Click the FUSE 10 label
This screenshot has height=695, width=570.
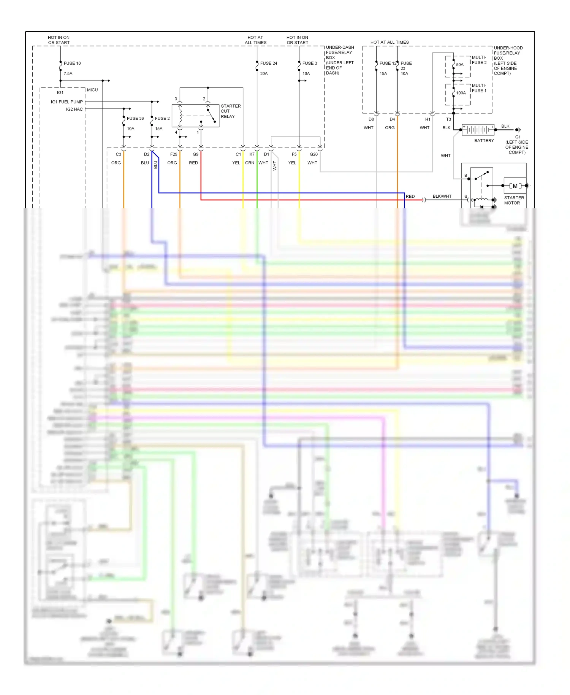pos(72,63)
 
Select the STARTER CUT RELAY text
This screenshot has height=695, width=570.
pos(230,111)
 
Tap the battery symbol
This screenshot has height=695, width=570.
pos(478,130)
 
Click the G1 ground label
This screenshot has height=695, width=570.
pos(518,137)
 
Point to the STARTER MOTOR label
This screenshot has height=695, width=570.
pos(513,200)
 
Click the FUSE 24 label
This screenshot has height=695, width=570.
pos(268,63)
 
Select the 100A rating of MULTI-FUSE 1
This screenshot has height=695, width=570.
pos(461,93)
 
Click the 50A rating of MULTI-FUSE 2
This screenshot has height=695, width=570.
pos(459,65)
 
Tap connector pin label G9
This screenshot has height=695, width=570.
pos(195,154)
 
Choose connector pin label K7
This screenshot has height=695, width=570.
pos(252,154)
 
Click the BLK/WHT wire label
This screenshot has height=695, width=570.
pos(442,196)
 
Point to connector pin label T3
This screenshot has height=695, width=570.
pos(448,119)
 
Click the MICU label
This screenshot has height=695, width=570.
pos(92,90)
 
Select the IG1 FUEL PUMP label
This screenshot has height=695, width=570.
pos(66,102)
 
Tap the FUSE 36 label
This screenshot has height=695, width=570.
pos(135,118)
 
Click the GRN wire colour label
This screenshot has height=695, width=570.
pos(249,163)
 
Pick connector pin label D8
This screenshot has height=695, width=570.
pos(371,119)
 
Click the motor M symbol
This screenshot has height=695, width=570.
pos(515,186)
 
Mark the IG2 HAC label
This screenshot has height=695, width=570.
pos(74,109)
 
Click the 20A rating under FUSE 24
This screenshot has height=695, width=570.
pos(264,73)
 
